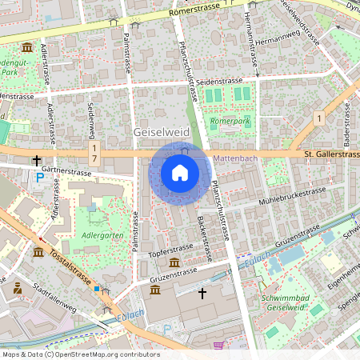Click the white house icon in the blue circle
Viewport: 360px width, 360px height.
[180, 173]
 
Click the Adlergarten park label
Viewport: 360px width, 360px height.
[98, 237]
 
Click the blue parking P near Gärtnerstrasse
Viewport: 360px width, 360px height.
[40, 177]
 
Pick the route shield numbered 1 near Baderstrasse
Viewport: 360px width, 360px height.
[318, 118]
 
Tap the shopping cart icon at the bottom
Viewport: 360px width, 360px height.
[218, 346]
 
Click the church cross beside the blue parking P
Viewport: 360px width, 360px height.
[36, 160]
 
